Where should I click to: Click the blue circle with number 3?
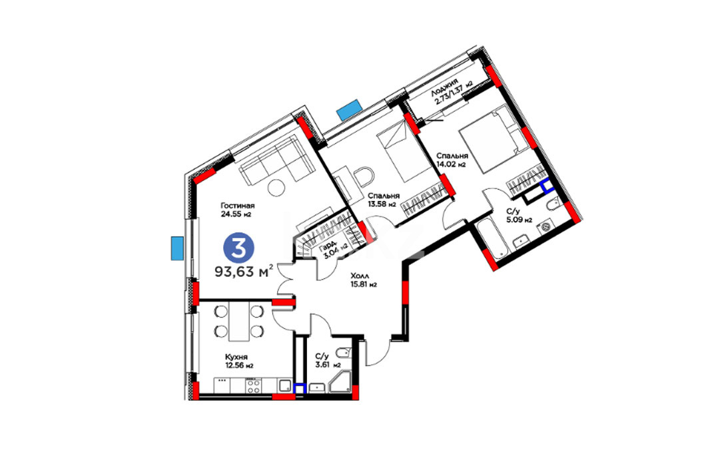coord(239,247)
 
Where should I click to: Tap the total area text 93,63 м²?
coord(244,272)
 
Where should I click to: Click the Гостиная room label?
coord(238,206)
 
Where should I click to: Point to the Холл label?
coord(360,276)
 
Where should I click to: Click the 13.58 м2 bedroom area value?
coord(382,204)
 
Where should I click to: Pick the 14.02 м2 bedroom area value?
coord(451,164)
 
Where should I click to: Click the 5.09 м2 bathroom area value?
coord(519,220)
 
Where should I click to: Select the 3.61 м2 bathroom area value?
coord(328,365)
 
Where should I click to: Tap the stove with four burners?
coord(253,386)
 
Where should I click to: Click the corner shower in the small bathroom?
coord(340,381)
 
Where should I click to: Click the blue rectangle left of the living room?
coord(177,248)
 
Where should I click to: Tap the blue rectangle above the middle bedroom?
coord(349,109)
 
